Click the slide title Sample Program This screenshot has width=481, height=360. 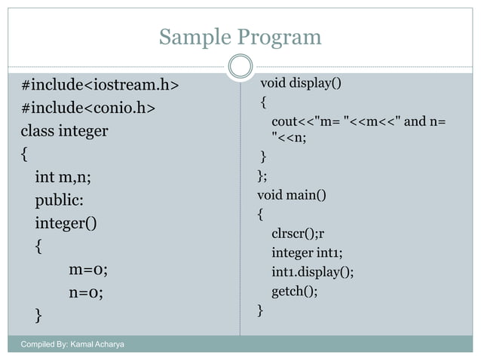[x=240, y=37]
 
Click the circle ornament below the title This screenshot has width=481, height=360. [x=240, y=66]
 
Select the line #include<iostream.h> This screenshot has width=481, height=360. [x=100, y=84]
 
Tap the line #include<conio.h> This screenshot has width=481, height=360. [x=88, y=108]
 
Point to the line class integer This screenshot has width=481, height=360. [x=64, y=131]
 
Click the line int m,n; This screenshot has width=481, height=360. [x=67, y=178]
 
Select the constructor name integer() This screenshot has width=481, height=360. [x=66, y=224]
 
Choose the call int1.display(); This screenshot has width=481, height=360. [x=312, y=271]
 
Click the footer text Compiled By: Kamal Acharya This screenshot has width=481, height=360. [x=73, y=345]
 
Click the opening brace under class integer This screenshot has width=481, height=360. [x=25, y=154]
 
